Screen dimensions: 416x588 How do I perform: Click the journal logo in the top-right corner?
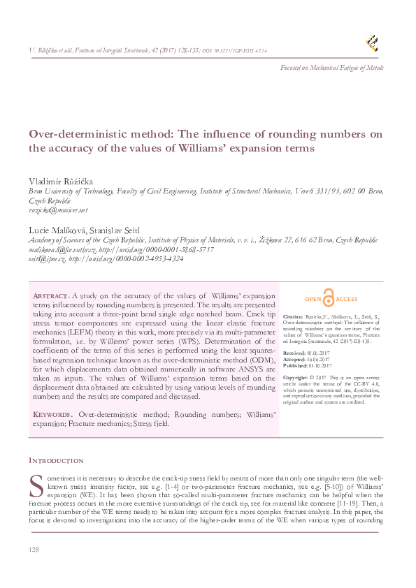pos(373,43)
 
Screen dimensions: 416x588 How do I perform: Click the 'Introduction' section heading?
pos(56,461)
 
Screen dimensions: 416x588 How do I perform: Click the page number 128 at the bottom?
pos(33,551)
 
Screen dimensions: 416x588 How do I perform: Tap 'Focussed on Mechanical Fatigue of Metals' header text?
pos(331,68)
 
